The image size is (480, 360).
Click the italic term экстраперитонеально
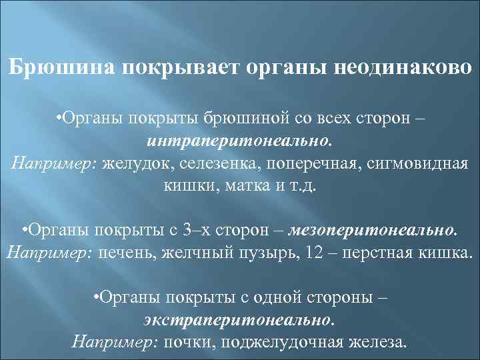coord(239,320)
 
